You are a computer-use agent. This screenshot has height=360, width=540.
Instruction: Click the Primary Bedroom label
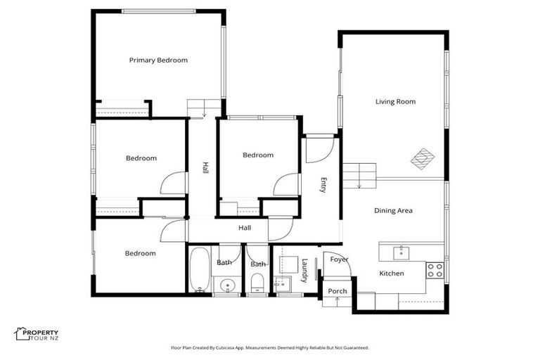coord(158,60)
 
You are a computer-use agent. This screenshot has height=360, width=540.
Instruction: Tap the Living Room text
coord(395,102)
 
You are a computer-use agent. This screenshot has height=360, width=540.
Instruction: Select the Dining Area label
coord(392,211)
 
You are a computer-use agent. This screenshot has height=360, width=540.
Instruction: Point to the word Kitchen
coord(392,274)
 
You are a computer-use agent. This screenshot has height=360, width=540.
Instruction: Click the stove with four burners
coord(435,270)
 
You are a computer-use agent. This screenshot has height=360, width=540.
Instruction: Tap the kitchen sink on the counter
coord(403,251)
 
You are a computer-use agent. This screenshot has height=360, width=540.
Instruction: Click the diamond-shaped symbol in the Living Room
coord(423,157)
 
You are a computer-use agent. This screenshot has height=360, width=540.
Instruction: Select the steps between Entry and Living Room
coord(359,175)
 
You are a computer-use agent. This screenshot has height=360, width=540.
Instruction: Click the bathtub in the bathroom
coord(199,269)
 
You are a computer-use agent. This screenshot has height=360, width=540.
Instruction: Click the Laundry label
coord(305,271)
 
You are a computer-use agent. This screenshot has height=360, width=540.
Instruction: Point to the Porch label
coord(337,291)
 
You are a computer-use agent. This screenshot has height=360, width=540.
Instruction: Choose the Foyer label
coord(340,259)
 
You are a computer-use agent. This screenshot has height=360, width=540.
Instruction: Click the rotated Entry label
coord(323,186)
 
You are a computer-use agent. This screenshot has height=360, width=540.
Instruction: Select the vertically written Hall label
coord(205,169)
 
